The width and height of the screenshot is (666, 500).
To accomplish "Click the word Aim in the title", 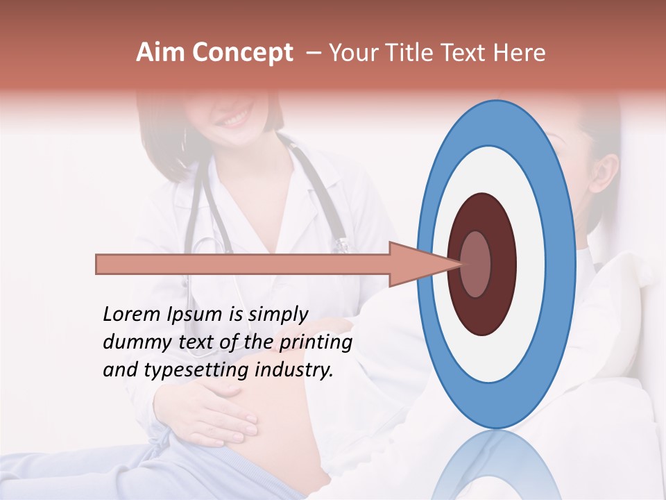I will point(160,53).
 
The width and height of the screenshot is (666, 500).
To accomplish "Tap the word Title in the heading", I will point(412,53).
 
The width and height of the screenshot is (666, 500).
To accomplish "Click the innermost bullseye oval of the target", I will point(476,265).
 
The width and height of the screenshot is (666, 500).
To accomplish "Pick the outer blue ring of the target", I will point(563,265).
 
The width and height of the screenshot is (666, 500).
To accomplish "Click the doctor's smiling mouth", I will point(233,119).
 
